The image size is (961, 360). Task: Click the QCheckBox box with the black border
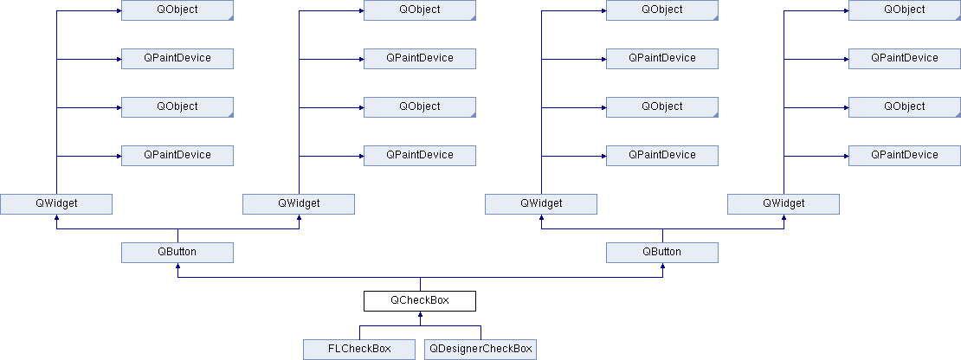(420, 300)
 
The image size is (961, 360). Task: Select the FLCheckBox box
(359, 349)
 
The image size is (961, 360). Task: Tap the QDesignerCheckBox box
(480, 349)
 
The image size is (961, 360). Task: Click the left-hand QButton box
(177, 252)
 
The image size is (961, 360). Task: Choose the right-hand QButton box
(662, 252)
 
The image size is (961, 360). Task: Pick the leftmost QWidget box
(56, 204)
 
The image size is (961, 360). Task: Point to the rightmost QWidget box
(784, 204)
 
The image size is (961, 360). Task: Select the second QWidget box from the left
(299, 204)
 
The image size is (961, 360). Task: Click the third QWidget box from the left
(540, 204)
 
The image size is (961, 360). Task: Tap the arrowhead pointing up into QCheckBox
(420, 315)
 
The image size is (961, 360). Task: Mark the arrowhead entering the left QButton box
(177, 267)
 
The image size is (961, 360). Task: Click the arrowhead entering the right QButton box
(662, 267)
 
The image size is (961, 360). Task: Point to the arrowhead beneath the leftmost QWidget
(56, 218)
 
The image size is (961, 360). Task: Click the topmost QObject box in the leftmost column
(177, 10)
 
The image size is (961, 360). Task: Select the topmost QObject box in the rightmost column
(905, 10)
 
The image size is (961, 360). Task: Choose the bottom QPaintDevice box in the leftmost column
(177, 156)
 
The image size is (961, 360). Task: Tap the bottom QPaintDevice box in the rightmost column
(905, 156)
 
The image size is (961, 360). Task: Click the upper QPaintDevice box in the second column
(420, 59)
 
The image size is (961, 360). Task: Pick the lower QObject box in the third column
(662, 107)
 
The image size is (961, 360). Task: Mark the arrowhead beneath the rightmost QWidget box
(784, 218)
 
